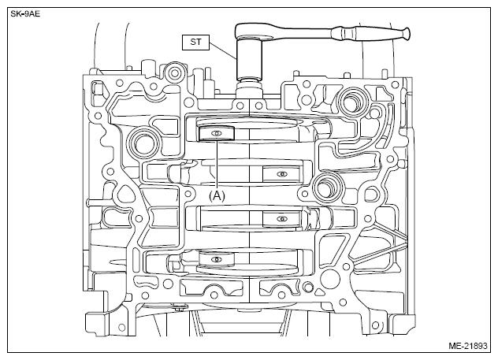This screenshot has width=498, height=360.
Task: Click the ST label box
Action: pyautogui.click(x=195, y=43)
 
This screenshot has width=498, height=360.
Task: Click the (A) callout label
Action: pyautogui.click(x=217, y=195)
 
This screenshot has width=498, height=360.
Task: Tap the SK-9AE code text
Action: pyautogui.click(x=25, y=14)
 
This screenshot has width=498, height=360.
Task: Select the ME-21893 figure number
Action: pyautogui.click(x=468, y=345)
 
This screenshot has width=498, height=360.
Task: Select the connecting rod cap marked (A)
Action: pyautogui.click(x=216, y=133)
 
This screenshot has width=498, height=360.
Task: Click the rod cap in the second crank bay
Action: pyautogui.click(x=281, y=174)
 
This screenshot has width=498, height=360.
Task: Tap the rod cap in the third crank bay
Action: pyautogui.click(x=281, y=219)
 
